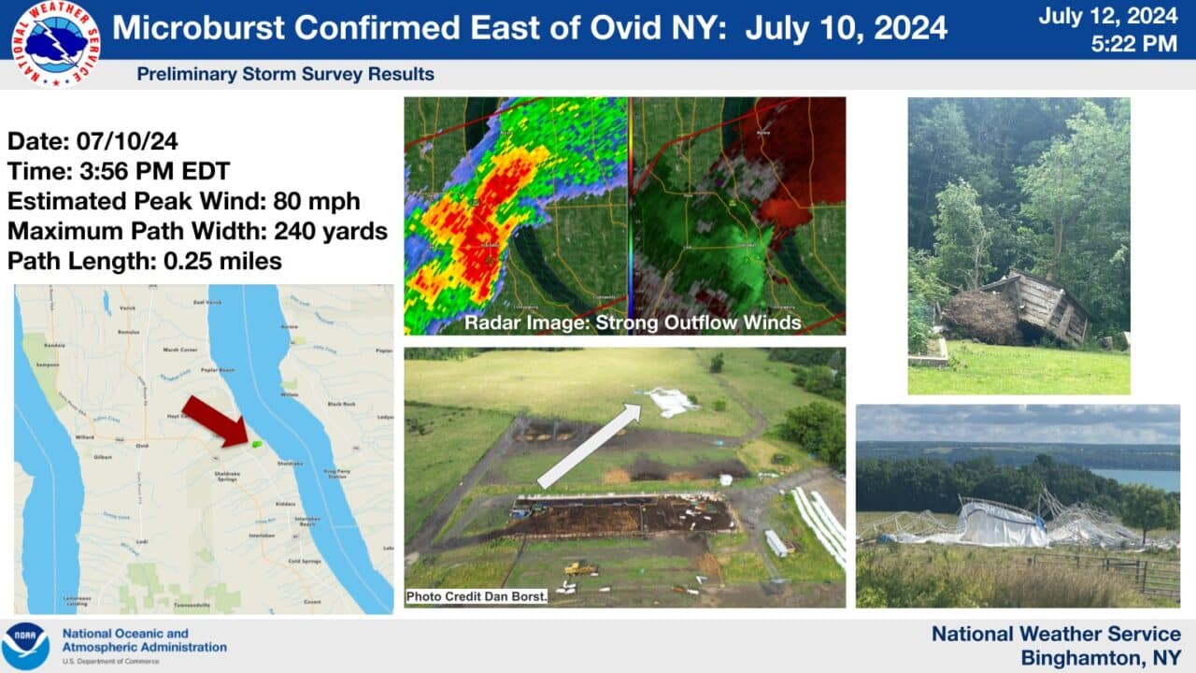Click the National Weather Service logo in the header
tap(56, 43)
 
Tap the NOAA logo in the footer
tap(25, 646)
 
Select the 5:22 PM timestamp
tap(1133, 43)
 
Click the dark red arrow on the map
tap(212, 421)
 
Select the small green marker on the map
tap(256, 444)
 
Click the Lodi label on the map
tap(107, 541)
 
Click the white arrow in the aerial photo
tap(589, 447)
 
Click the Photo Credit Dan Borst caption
tap(477, 596)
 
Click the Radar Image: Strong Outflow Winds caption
tap(633, 322)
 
